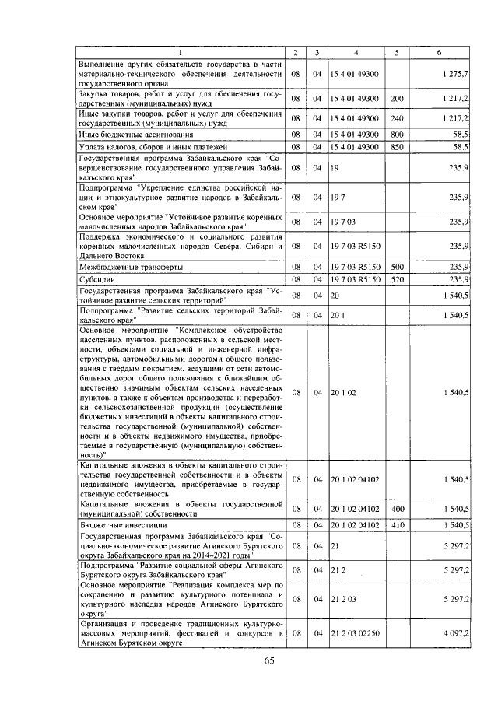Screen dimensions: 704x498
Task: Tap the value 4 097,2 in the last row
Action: coord(454,634)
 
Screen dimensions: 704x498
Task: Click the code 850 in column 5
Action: coord(397,146)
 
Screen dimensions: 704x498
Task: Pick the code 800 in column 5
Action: coord(397,134)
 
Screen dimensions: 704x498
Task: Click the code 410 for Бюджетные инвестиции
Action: coord(397,525)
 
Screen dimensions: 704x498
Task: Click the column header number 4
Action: coord(355,52)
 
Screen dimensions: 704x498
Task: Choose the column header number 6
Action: coord(440,52)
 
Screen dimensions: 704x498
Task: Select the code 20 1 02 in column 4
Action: coord(343,393)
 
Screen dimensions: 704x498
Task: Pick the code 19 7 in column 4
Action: coord(338,198)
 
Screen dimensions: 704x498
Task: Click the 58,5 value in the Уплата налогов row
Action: coord(458,146)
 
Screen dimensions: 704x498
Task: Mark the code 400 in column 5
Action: coord(397,509)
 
